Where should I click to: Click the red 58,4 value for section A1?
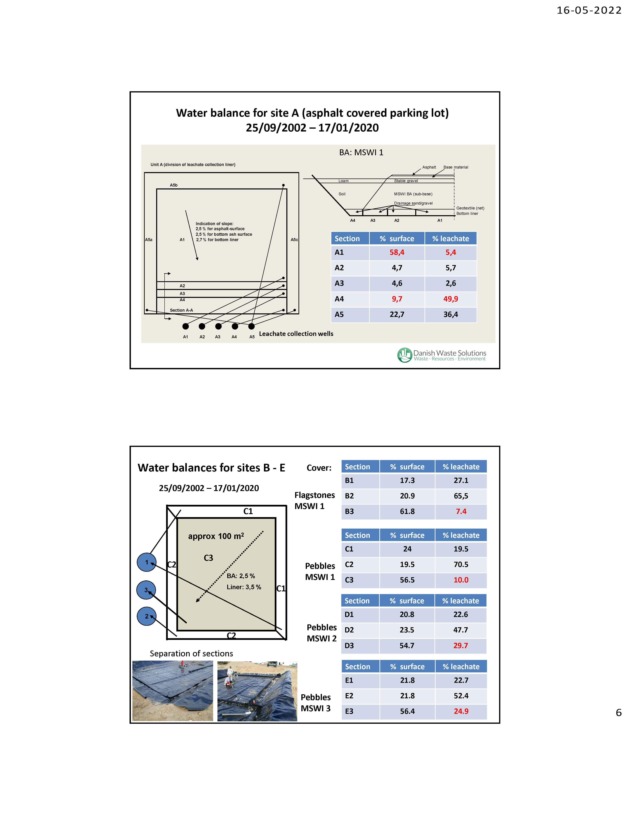[397, 252]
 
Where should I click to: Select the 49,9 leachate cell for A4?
[450, 299]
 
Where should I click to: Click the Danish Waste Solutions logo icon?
[404, 355]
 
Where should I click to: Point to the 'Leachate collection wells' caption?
[296, 334]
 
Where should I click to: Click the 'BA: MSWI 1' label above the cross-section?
[361, 152]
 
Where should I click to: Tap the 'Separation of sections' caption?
[191, 653]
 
